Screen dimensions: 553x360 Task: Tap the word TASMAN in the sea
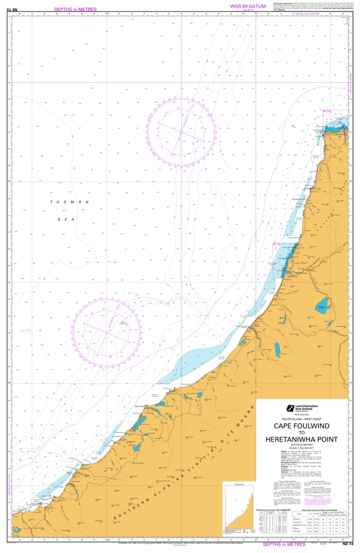coord(70,202)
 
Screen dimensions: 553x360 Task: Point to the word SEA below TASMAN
coord(70,219)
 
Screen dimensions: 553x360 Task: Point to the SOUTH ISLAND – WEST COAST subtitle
coord(301,419)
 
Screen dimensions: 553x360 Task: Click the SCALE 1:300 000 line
coord(301,448)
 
